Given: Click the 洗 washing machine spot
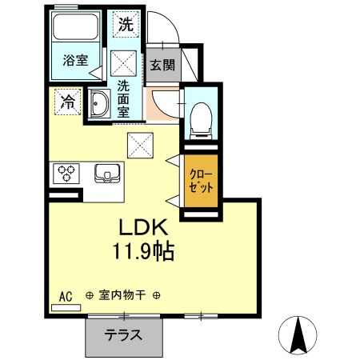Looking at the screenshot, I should coord(126,25).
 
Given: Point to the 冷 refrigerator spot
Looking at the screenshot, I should coord(68,102).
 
